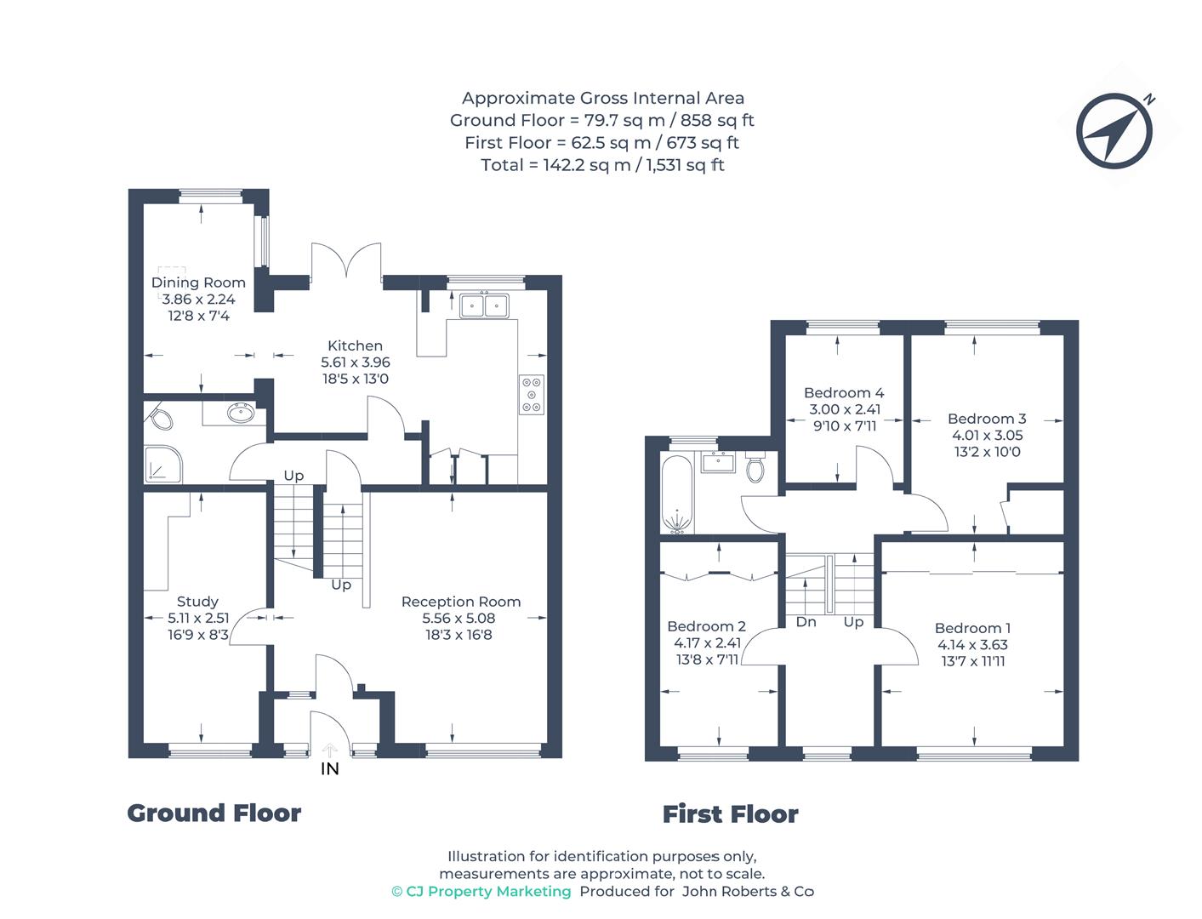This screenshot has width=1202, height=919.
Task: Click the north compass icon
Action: pos(1114,131)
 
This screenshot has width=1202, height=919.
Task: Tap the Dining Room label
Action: pos(198,283)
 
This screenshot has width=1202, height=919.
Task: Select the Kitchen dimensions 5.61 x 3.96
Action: pos(356,362)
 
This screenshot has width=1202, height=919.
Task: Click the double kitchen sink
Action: pos(484,305)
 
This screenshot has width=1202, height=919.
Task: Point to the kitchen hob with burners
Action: pos(531,394)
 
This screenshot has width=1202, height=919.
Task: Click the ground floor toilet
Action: pos(160,418)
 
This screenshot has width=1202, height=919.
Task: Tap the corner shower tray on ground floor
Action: pos(162,465)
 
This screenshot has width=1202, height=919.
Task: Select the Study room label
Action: pos(197,602)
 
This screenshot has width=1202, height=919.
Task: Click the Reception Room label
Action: pos(461,602)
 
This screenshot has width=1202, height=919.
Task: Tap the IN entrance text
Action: pos(330,769)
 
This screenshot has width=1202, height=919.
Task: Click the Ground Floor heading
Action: pos(214,813)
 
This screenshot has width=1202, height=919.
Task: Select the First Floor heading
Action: pos(731,813)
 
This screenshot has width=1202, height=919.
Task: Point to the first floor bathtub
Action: pos(677,494)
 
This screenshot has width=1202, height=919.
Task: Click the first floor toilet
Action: pos(755,466)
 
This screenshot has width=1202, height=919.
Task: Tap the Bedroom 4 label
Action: pos(844,392)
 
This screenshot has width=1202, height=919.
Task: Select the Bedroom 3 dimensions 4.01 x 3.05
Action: pos(988,436)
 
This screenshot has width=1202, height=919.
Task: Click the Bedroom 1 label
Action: pos(972,628)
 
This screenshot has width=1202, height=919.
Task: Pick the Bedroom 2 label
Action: pos(706,626)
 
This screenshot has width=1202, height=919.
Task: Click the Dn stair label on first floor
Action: pos(806,622)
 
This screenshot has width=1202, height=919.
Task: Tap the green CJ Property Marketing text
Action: pos(481,891)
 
